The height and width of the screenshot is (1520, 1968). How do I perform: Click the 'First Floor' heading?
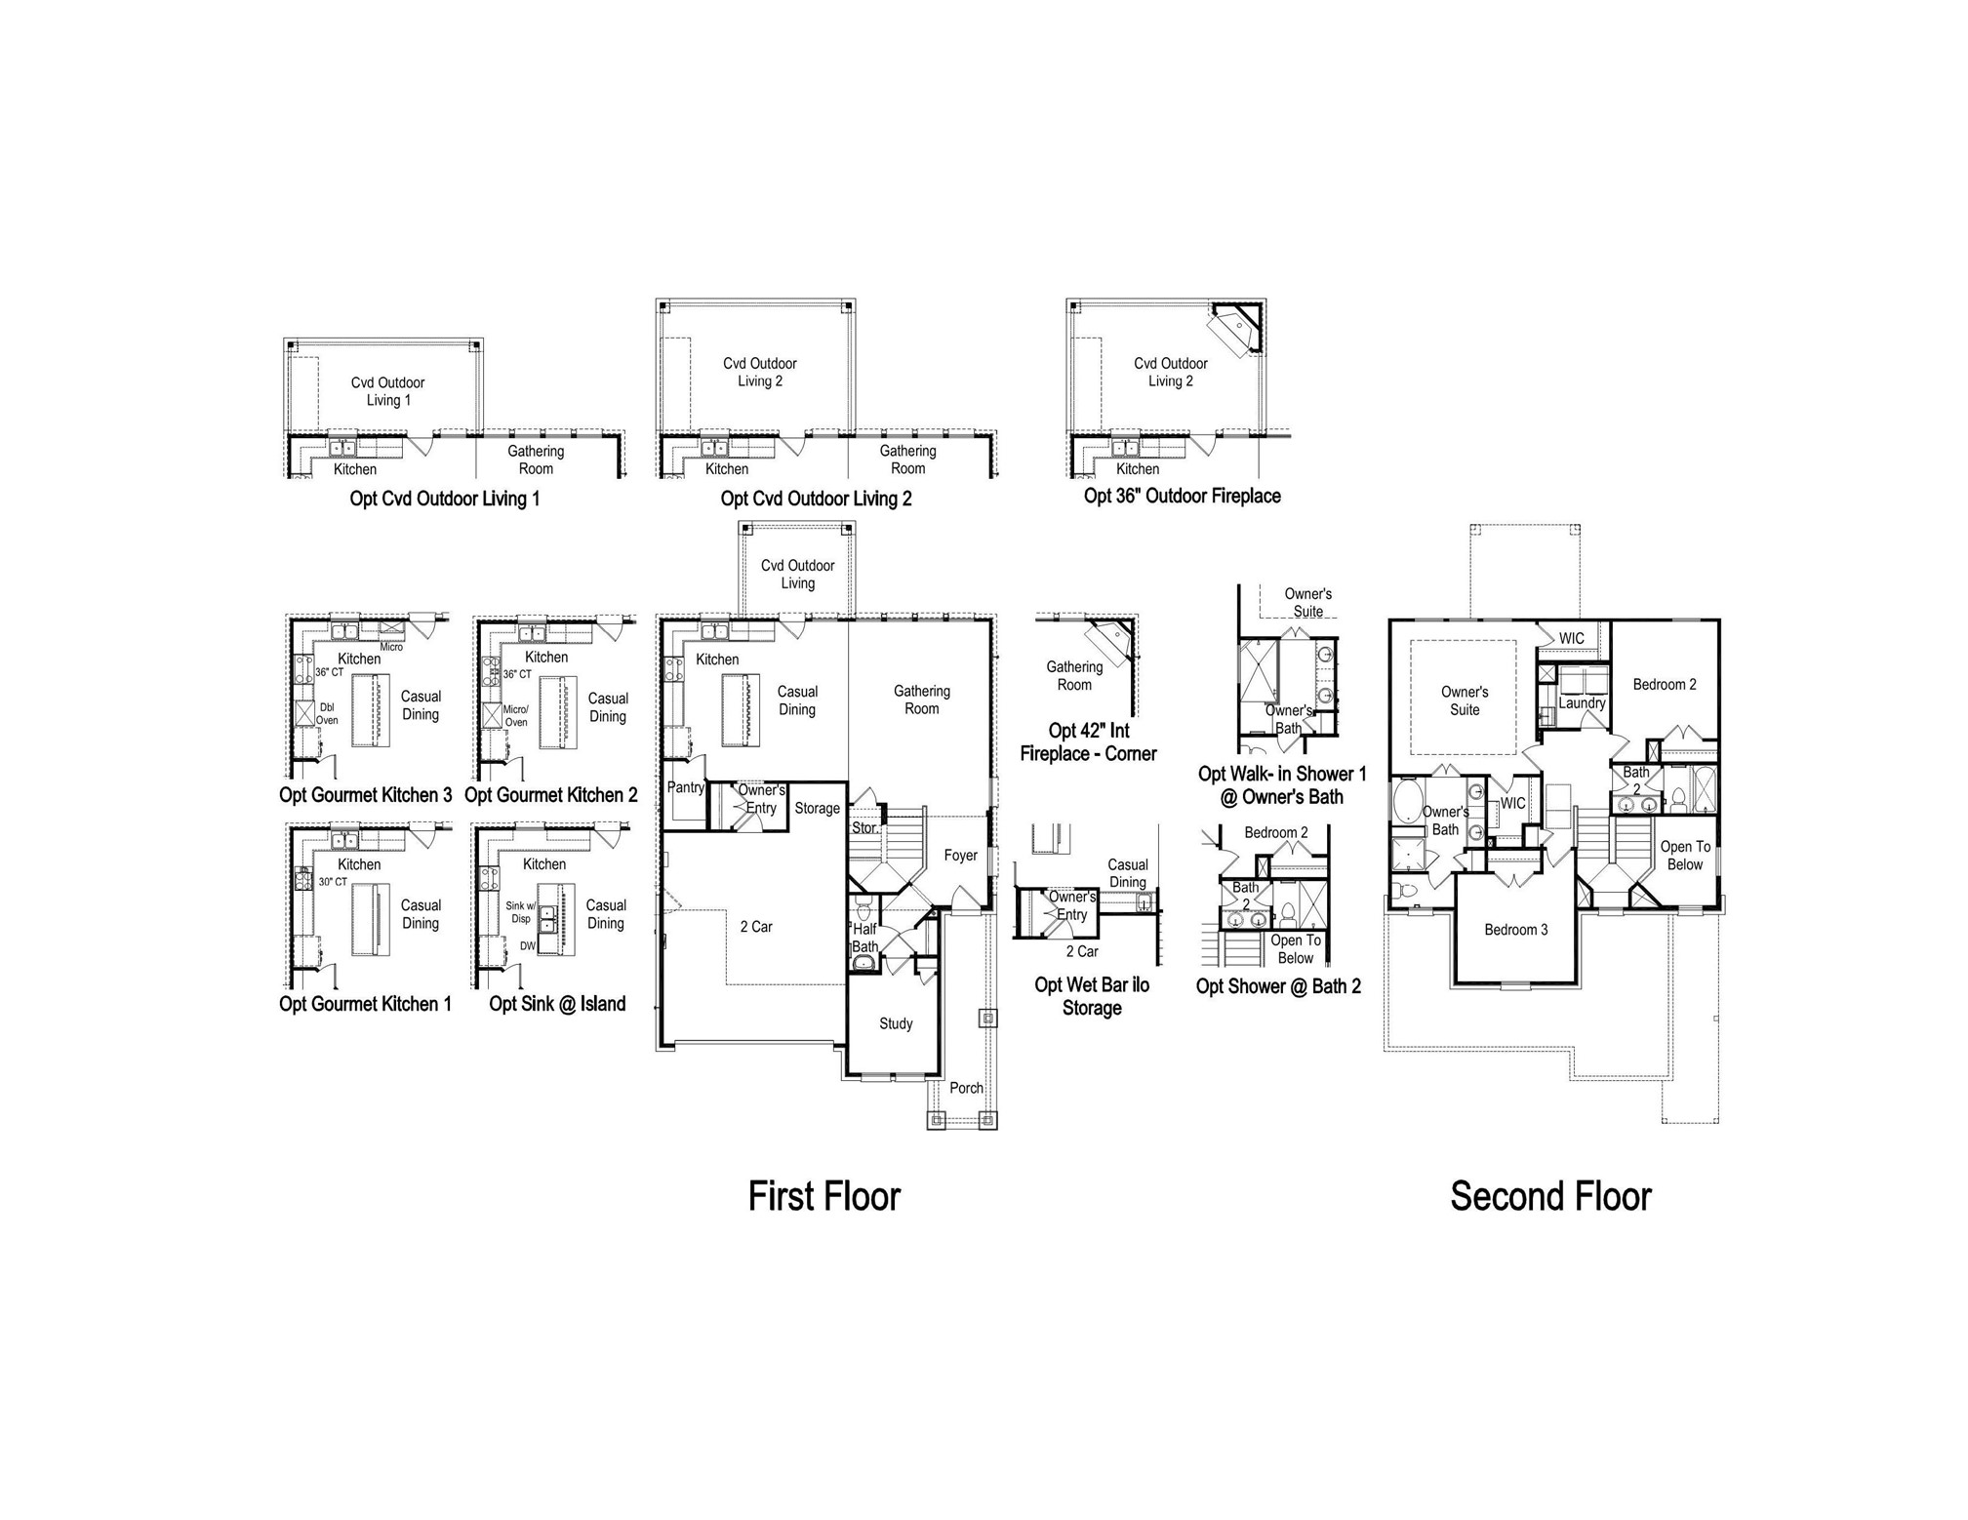click(x=823, y=1196)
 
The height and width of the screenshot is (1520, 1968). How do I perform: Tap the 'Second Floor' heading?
click(x=1550, y=1196)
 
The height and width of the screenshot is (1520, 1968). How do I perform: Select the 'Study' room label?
click(x=896, y=1023)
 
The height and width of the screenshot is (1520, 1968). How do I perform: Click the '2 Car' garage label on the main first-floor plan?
click(x=755, y=927)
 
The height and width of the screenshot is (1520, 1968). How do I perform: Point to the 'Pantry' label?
click(x=686, y=787)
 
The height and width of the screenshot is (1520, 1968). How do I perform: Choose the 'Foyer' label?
click(x=960, y=856)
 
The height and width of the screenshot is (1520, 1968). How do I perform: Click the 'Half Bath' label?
click(x=865, y=938)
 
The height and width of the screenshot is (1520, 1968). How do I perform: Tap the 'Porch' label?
click(x=966, y=1088)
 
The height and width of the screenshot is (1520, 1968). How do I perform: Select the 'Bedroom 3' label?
click(x=1516, y=930)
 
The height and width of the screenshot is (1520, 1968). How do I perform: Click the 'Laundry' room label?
click(x=1582, y=702)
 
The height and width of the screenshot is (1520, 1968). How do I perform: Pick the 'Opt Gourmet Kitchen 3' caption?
click(x=366, y=795)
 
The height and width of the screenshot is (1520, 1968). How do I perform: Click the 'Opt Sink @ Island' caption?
click(x=557, y=1004)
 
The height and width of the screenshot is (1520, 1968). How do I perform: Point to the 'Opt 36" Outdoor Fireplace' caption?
click(x=1183, y=496)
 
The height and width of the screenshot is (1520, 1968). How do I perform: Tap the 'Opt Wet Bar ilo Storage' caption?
click(x=1092, y=996)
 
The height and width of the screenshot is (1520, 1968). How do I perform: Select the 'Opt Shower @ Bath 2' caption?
click(x=1278, y=986)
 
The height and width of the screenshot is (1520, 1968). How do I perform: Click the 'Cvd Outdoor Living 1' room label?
click(x=387, y=391)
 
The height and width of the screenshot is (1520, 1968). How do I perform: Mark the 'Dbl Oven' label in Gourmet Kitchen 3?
click(x=328, y=714)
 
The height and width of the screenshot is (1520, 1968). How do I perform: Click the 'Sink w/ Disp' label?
click(x=521, y=912)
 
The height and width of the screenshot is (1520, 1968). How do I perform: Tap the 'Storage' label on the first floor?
click(x=817, y=808)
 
